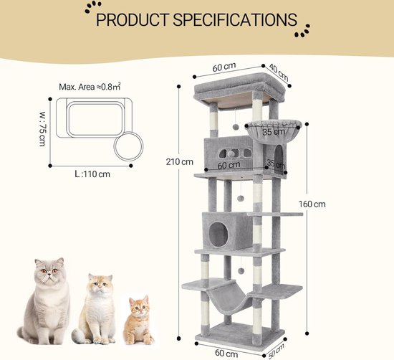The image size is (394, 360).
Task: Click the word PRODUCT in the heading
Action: (x=133, y=19)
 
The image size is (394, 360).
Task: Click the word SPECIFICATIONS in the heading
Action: (x=235, y=19)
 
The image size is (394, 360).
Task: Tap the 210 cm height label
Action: (x=179, y=162)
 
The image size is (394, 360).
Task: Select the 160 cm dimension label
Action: (x=312, y=204)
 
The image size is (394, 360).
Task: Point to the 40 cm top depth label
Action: (x=279, y=72)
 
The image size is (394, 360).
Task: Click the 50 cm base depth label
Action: (x=277, y=351)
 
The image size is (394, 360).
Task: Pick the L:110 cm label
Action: (x=92, y=174)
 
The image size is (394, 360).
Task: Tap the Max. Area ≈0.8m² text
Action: (x=90, y=87)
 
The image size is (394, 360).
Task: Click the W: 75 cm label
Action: (x=42, y=128)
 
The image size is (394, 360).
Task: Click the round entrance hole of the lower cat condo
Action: (x=219, y=234)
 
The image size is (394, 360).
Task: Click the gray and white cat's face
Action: (x=49, y=272)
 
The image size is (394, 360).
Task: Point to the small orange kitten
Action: (x=138, y=321)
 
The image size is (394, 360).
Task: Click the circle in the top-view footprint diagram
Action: (x=128, y=146)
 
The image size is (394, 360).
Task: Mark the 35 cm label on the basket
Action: (x=274, y=132)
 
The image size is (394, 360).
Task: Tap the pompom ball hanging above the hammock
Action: (x=241, y=271)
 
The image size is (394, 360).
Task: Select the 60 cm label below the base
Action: (x=226, y=354)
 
